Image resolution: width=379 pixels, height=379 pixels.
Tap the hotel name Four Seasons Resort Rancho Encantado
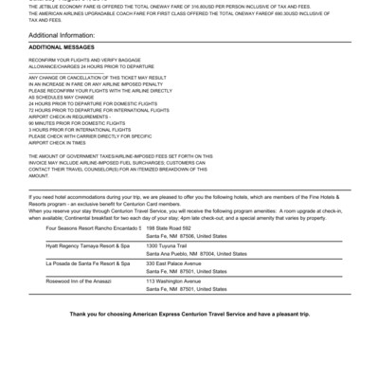click(x=93, y=228)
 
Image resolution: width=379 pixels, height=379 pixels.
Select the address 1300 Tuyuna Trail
click(x=167, y=245)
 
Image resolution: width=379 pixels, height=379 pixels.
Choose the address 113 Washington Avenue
click(x=173, y=280)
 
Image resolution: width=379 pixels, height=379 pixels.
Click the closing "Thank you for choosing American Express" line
click(x=189, y=312)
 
